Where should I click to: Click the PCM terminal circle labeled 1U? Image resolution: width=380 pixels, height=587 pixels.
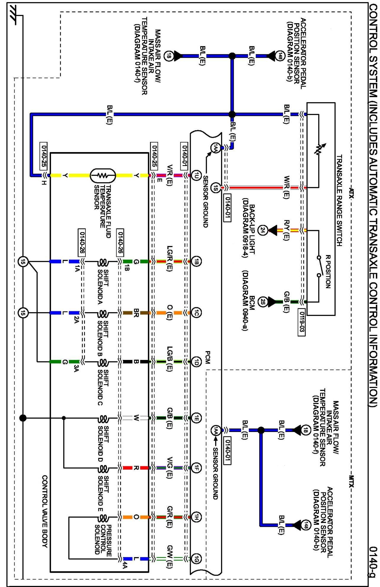[x=196, y=176]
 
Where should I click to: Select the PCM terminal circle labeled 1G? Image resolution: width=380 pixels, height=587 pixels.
[x=196, y=559]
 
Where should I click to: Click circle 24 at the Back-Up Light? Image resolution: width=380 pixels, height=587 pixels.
[x=263, y=230]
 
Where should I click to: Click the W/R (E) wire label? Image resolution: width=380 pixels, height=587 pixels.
[x=287, y=187]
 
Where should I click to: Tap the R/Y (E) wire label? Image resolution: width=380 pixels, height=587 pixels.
[x=287, y=230]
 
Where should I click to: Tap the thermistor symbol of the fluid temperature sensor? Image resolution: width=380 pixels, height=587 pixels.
[x=103, y=176]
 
